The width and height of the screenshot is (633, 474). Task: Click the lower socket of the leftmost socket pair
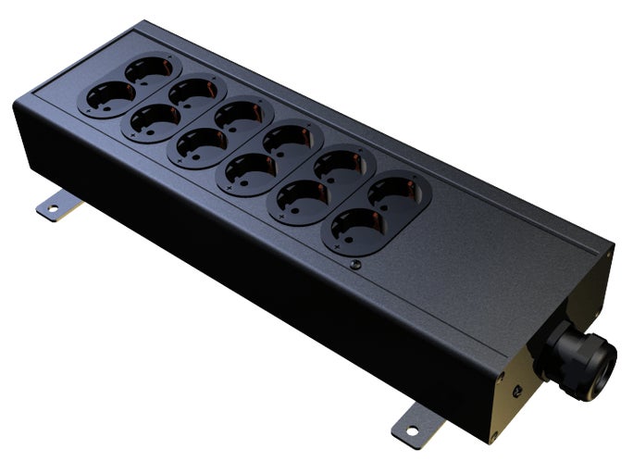click(107, 96)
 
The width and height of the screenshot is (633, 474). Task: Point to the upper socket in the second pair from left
click(192, 93)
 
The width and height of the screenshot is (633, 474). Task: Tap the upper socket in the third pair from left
click(239, 117)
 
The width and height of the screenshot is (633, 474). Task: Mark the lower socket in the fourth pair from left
click(246, 171)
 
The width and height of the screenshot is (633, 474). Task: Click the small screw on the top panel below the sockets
click(356, 266)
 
